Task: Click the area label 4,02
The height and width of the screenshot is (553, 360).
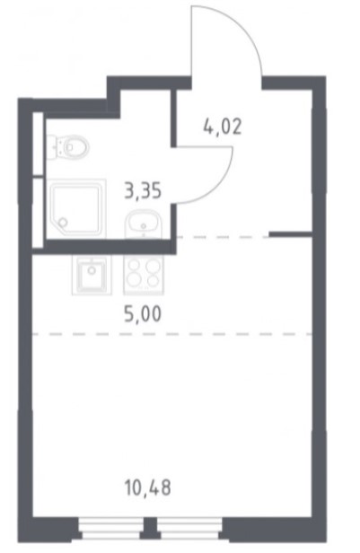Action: [223, 127]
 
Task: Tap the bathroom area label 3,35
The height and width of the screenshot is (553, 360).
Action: [143, 191]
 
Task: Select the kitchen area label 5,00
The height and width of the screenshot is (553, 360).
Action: [143, 314]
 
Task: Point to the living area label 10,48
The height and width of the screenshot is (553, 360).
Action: [148, 487]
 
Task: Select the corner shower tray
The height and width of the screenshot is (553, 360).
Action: [76, 208]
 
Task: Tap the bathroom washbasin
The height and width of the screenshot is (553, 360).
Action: [143, 224]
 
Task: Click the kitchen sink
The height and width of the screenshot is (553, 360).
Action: [92, 275]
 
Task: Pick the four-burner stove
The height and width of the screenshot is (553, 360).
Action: [144, 275]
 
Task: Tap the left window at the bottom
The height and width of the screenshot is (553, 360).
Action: [110, 529]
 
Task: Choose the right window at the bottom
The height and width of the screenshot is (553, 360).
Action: [189, 529]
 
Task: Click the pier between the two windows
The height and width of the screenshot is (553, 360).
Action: [151, 528]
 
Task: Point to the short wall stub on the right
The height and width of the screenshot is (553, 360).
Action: [291, 233]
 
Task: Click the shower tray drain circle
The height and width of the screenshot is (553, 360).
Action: [63, 223]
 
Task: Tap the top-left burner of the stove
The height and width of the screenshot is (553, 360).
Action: [134, 266]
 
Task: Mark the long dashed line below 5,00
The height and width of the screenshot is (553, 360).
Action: [172, 333]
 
